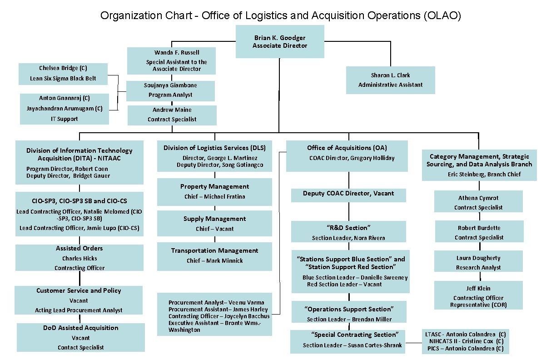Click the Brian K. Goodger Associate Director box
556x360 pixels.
click(x=279, y=41)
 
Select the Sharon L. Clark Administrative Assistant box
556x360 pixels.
click(x=390, y=80)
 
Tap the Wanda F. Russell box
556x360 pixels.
click(x=170, y=60)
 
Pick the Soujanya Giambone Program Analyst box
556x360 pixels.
click(x=170, y=90)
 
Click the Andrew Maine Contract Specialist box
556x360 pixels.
click(x=172, y=115)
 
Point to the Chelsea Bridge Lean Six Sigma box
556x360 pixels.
click(x=63, y=74)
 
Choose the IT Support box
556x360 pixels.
click(x=65, y=109)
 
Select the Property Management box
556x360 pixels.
click(x=214, y=191)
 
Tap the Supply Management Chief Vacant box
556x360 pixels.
click(x=214, y=223)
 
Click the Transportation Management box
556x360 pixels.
click(x=214, y=256)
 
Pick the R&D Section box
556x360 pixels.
click(x=348, y=232)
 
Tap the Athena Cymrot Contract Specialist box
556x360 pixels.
click(x=478, y=202)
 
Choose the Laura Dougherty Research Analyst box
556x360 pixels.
click(x=478, y=262)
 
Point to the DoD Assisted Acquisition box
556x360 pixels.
click(x=81, y=337)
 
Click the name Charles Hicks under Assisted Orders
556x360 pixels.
click(x=79, y=258)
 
